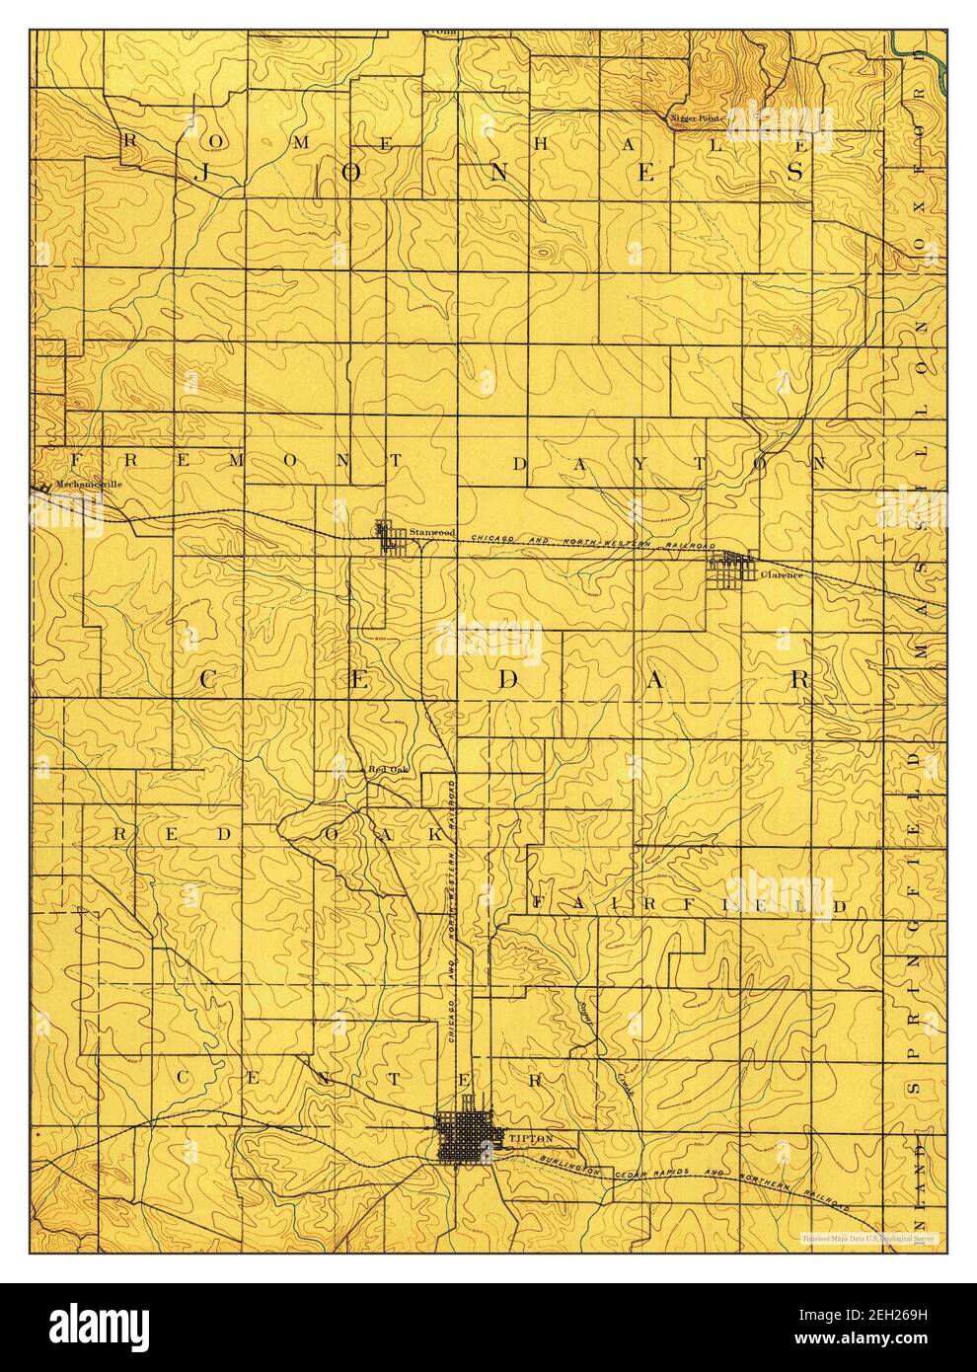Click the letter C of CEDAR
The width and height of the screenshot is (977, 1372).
coord(210,680)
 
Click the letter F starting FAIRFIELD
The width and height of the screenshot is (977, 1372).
coord(540,903)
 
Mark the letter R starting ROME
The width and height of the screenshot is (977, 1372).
coord(129,140)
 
